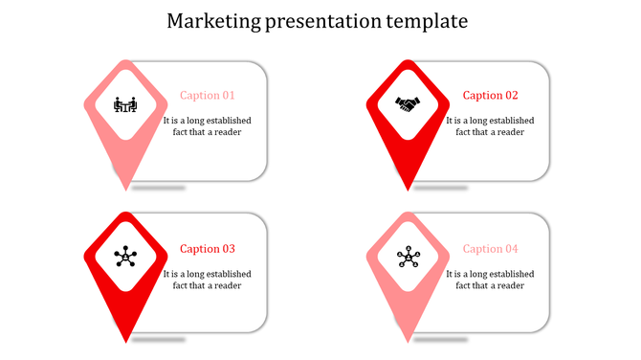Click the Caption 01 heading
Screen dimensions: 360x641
(208, 96)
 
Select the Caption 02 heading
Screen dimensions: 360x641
(490, 96)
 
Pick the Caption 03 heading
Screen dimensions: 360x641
(208, 249)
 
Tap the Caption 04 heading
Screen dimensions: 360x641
(490, 249)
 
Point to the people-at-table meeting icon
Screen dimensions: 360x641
(125, 104)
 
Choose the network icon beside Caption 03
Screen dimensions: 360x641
(125, 257)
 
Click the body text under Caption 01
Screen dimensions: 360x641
(208, 126)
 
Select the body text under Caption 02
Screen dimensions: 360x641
(490, 126)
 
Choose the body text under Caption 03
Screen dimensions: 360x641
(208, 280)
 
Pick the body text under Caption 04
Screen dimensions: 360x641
(490, 280)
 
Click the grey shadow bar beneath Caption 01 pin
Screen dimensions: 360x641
(159, 188)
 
